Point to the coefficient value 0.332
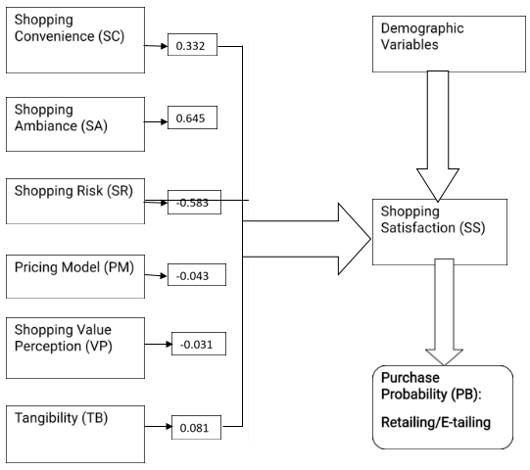[191, 46]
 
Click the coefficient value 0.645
[191, 118]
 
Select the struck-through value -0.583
[192, 203]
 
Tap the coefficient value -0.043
[192, 276]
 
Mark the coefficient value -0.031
[196, 345]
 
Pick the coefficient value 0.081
[194, 428]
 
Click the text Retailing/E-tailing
[436, 422]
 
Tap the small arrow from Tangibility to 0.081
[159, 426]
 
